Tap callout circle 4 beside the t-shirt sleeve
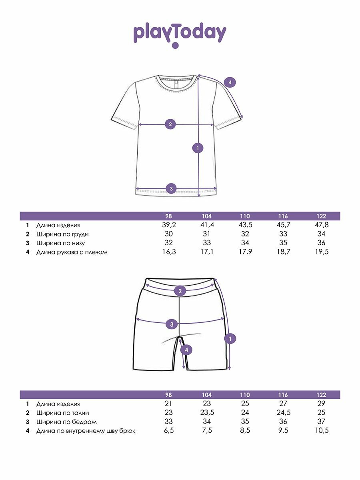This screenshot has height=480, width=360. coord(230,83)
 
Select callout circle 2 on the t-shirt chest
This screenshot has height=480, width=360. coord(170,124)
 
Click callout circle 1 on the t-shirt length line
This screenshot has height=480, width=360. coord(198,148)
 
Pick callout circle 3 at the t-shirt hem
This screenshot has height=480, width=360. coord(171,188)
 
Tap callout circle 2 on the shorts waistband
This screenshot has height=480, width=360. coord(180,291)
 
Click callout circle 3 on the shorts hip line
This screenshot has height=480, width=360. coord(172,324)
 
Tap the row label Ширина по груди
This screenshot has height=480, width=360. coord(62,234)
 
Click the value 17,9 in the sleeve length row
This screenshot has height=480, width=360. coord(245,252)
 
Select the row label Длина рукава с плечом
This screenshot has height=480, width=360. coord(72,252)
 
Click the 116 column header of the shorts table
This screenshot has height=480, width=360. coord(283,395)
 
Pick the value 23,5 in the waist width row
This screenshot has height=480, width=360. coord(207,413)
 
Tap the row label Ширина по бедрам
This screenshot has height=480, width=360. coord(66,422)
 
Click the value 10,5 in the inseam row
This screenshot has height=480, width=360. coord(322,431)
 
